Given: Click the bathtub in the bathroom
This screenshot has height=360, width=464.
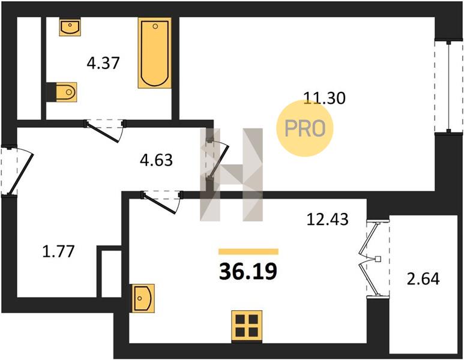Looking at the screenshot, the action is click(155, 53).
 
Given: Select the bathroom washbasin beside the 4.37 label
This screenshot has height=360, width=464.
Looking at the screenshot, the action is click(70, 26).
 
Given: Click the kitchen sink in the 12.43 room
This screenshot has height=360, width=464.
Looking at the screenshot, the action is click(143, 298).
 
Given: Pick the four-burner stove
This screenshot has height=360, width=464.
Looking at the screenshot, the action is click(247, 326).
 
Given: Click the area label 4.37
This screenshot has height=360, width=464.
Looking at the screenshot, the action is click(103, 63).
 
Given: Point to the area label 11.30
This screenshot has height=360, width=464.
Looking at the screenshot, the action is click(325, 98).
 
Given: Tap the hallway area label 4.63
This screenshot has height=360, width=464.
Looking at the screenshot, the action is click(156, 160).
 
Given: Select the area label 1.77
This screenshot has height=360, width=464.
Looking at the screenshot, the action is click(58, 252).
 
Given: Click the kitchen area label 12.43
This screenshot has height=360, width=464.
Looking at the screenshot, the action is click(328, 220).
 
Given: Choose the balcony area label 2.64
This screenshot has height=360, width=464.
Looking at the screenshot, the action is click(423, 279).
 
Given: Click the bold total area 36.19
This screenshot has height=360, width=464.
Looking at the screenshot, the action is click(248, 272).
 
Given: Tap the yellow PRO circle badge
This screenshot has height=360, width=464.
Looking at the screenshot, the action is click(305, 128).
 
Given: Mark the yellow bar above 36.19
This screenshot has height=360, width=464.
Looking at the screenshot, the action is click(249, 251).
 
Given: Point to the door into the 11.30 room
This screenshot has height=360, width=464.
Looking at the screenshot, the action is click(218, 160).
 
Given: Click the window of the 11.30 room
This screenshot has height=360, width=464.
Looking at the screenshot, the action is click(448, 87).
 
